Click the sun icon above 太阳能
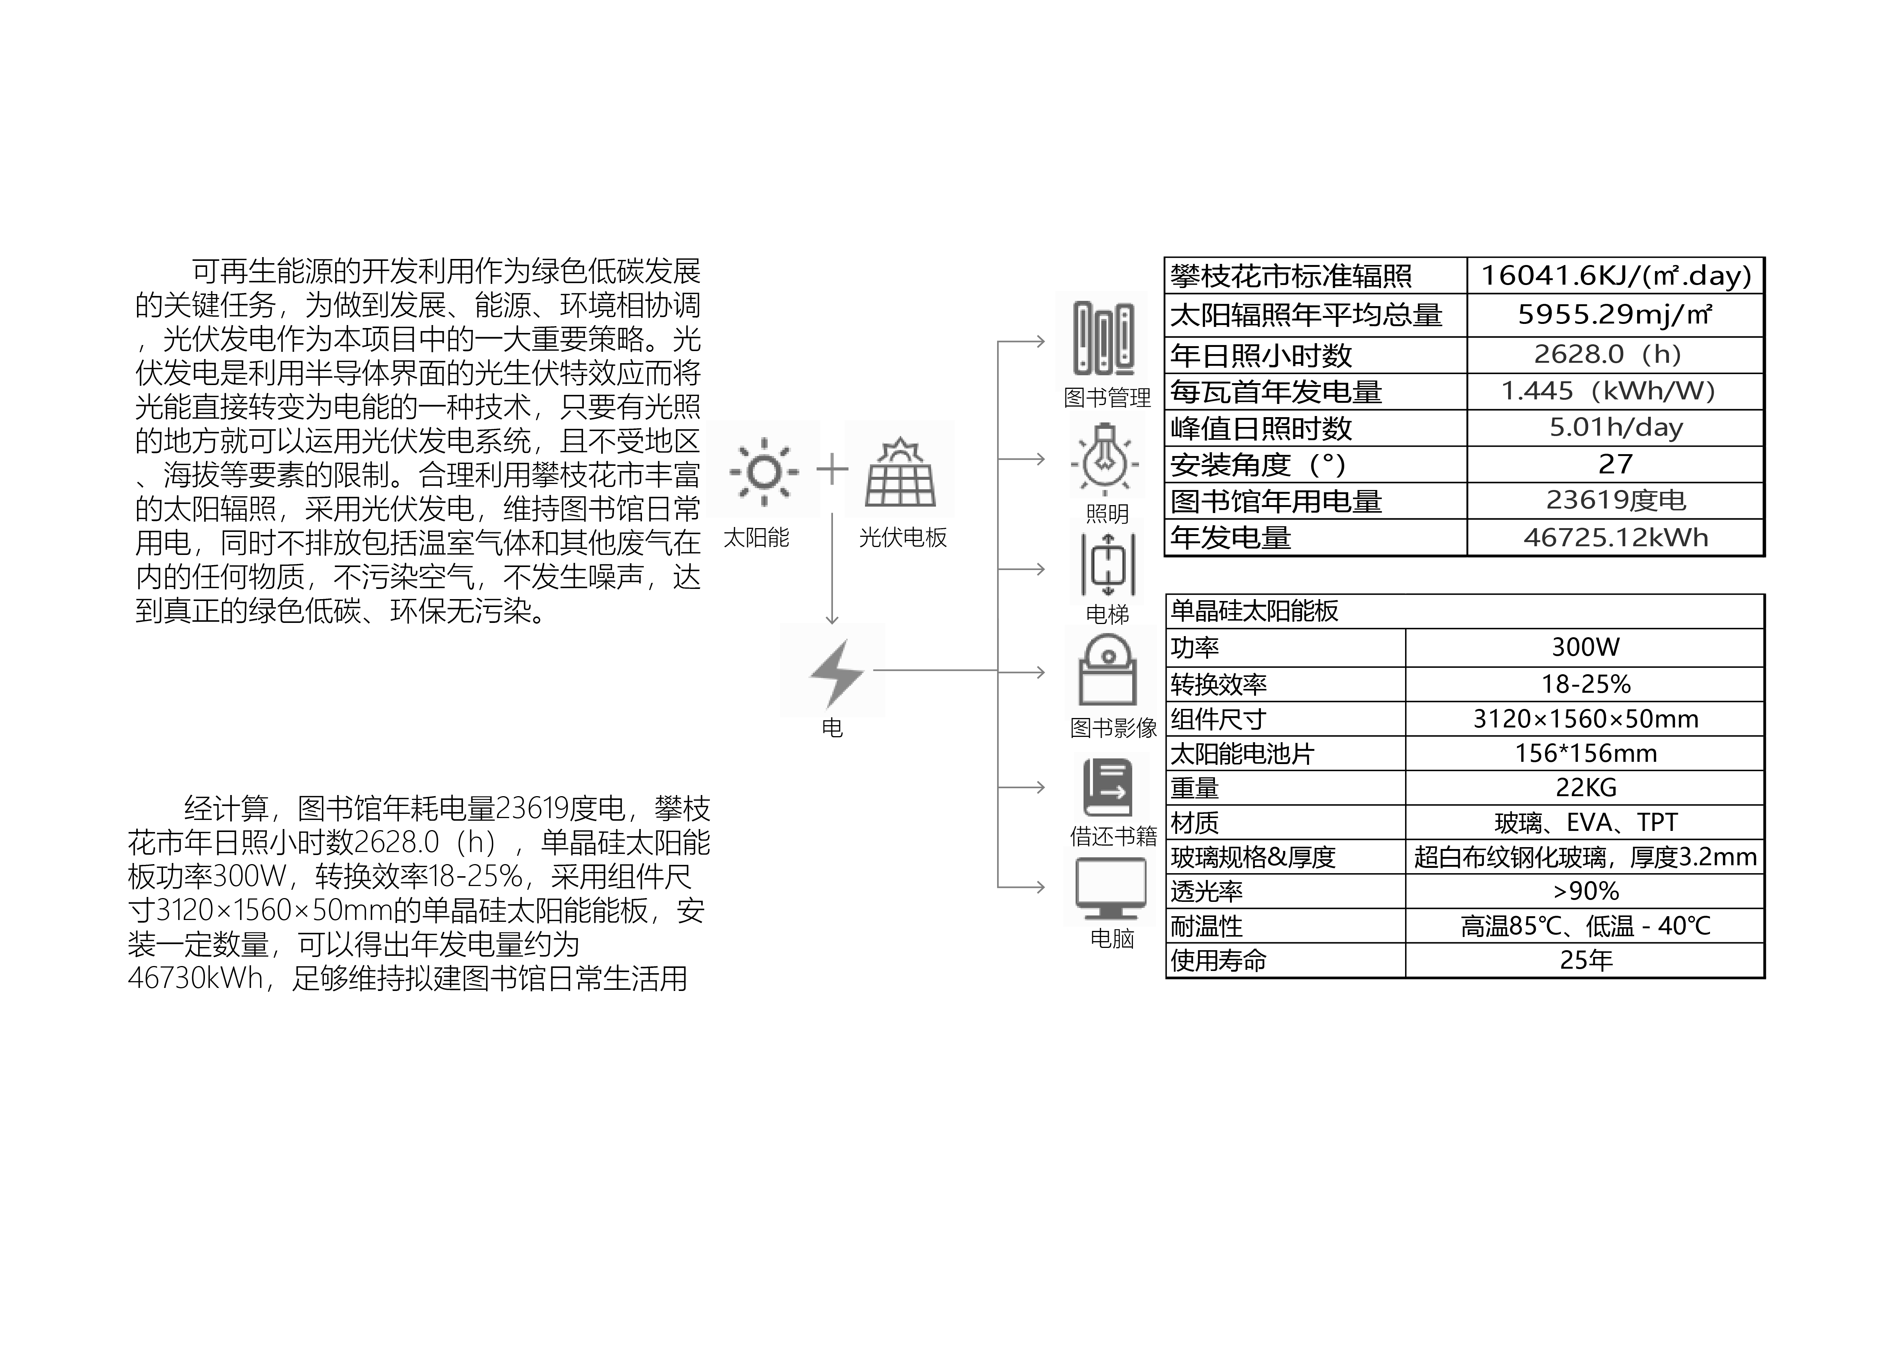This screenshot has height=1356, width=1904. coord(763,472)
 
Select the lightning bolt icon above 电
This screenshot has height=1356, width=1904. coord(836,673)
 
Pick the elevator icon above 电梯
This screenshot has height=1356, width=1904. coord(1108,564)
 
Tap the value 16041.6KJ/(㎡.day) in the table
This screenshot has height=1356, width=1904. coord(1615,276)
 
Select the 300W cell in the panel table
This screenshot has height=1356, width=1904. coord(1585,647)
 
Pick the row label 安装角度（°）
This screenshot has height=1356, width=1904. coord(1258,464)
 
